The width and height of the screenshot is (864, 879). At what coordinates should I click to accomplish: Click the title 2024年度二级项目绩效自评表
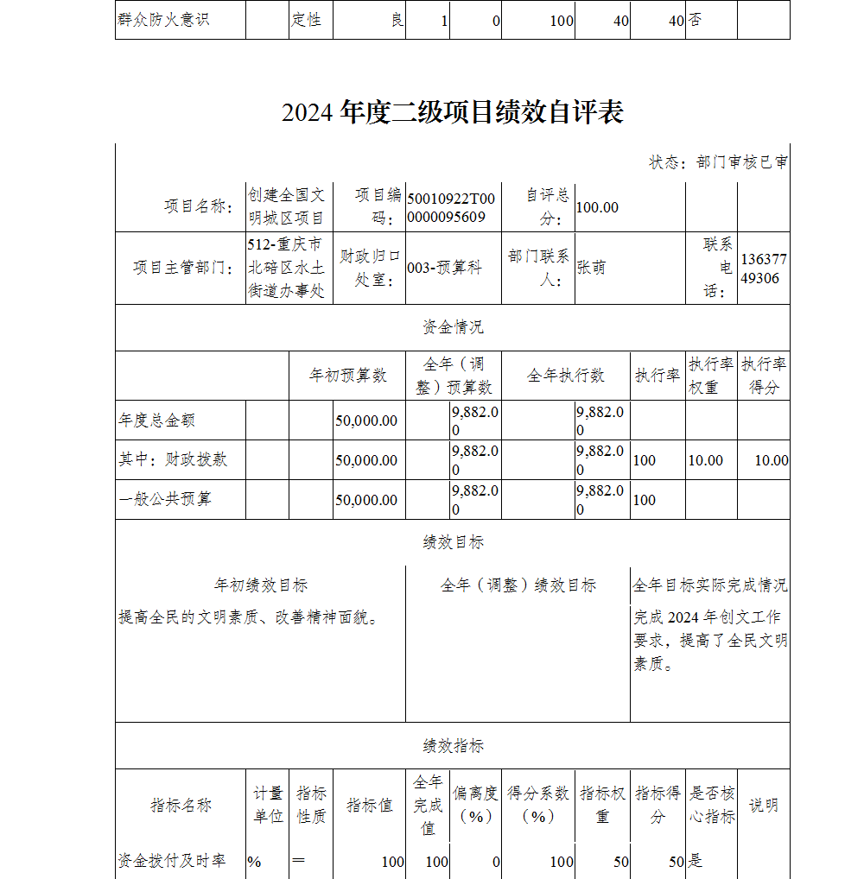tap(452, 112)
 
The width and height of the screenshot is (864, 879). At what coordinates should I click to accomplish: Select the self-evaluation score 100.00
tap(597, 207)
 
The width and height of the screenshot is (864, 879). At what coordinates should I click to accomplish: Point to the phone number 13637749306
tap(764, 269)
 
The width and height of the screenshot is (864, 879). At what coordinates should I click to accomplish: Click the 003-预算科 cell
tap(444, 268)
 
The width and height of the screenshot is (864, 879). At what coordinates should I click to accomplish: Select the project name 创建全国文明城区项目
tap(287, 206)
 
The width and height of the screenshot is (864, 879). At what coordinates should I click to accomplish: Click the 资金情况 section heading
tap(453, 327)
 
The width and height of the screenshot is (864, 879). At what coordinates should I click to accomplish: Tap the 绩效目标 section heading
tap(453, 542)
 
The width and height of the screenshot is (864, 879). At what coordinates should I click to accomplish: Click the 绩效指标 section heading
tap(453, 746)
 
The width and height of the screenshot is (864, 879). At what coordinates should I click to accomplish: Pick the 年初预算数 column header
tap(347, 376)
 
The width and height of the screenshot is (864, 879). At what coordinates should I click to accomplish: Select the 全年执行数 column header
tap(566, 376)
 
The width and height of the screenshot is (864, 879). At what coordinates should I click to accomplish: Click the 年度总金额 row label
tap(157, 421)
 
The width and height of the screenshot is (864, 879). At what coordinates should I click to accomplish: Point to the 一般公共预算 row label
tap(165, 500)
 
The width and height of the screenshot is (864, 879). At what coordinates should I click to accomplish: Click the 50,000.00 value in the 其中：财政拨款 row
tap(366, 460)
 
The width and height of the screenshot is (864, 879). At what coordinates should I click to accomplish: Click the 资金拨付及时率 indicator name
tap(172, 861)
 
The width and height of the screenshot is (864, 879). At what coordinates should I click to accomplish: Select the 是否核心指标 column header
tap(712, 805)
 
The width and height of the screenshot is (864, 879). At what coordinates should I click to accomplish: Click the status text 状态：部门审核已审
tap(718, 162)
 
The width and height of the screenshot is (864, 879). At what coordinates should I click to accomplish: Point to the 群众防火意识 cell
tap(163, 19)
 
